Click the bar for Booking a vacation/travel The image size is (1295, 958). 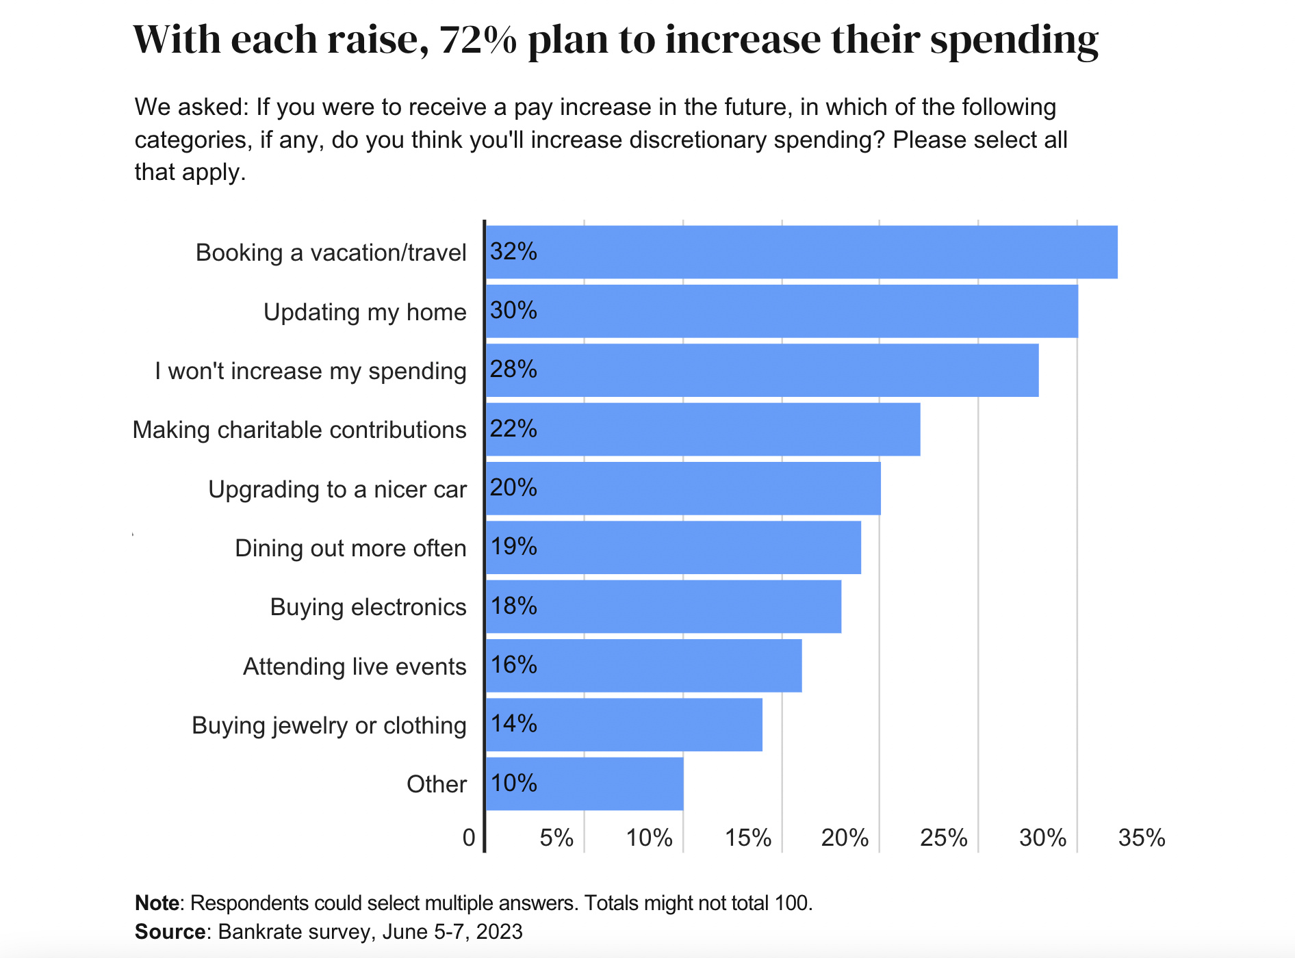pyautogui.click(x=801, y=252)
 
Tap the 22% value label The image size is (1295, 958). pyautogui.click(x=513, y=429)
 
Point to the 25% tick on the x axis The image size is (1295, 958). pyautogui.click(x=943, y=838)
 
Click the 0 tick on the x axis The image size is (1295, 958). pyautogui.click(x=469, y=838)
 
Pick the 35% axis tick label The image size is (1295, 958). pyautogui.click(x=1141, y=838)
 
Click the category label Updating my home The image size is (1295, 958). pyautogui.click(x=365, y=312)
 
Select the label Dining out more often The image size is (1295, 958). pyautogui.click(x=350, y=548)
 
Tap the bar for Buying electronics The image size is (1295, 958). pyautogui.click(x=663, y=606)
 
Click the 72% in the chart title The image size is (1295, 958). pyautogui.click(x=478, y=40)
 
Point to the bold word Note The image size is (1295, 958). pyautogui.click(x=157, y=903)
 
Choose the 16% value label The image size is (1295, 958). pyautogui.click(x=513, y=665)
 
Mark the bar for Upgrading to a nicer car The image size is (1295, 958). pyautogui.click(x=682, y=488)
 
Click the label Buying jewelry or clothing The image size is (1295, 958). pyautogui.click(x=329, y=725)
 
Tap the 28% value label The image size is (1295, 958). pyautogui.click(x=513, y=370)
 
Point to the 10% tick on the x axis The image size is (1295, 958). pyautogui.click(x=649, y=838)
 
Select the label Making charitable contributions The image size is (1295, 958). pyautogui.click(x=299, y=430)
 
